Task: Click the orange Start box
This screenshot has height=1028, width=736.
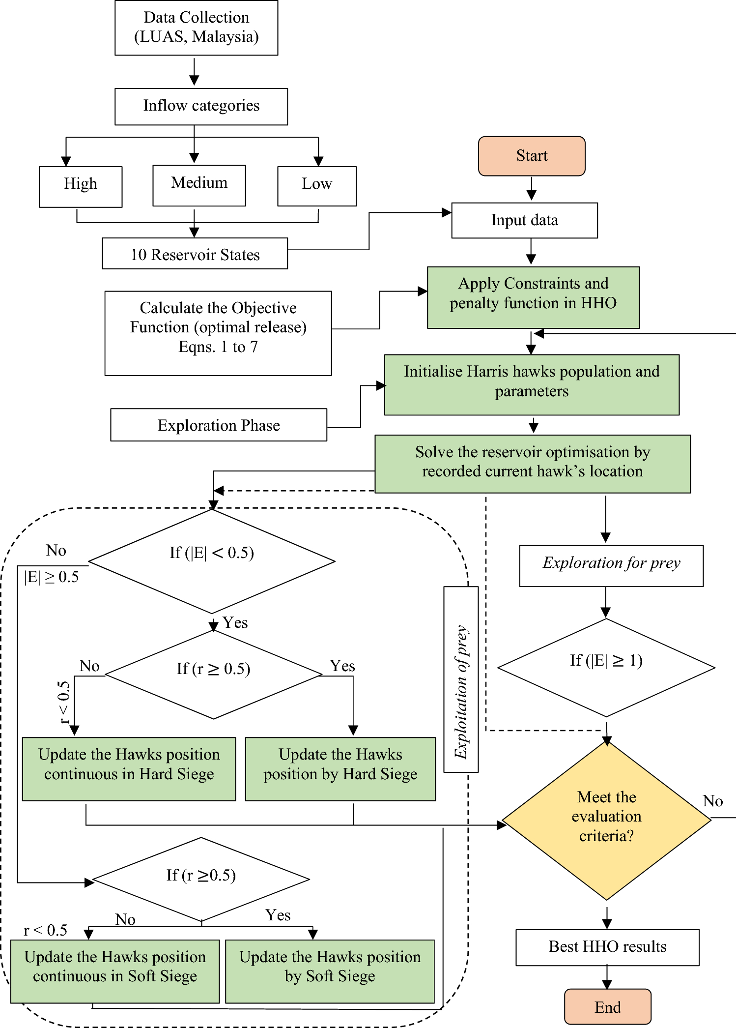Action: pos(532,156)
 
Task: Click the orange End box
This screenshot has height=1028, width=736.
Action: pos(607,1006)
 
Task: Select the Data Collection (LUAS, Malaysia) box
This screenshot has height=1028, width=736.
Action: pos(196,28)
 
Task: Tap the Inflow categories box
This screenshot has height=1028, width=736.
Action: pos(201,106)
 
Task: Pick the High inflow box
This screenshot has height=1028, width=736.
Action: pos(81,186)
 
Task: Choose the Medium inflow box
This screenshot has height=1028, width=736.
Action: pos(199,185)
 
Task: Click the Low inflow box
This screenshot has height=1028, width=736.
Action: pos(317,186)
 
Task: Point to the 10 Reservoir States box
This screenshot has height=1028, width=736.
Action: pos(195,254)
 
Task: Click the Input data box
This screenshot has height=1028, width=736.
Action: pos(524,220)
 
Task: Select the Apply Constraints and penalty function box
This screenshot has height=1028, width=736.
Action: pos(533,297)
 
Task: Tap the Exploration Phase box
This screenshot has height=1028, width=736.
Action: pos(219,425)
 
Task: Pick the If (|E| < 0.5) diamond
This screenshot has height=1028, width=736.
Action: pos(212,561)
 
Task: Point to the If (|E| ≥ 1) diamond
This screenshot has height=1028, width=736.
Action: pos(606,667)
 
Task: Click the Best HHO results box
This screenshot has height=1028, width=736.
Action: pos(607,947)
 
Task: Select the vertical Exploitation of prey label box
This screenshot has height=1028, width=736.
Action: pos(461,679)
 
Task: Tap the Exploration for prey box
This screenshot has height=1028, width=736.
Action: pos(611,565)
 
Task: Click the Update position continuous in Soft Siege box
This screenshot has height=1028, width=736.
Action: pos(115,971)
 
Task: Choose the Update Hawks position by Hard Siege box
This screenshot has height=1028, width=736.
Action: pos(340,768)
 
